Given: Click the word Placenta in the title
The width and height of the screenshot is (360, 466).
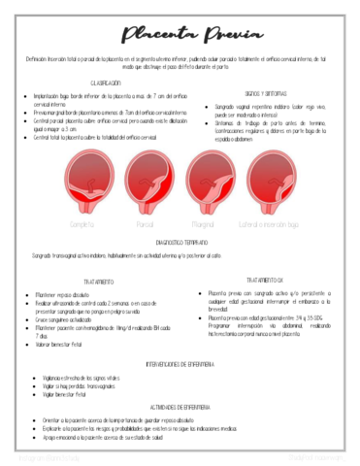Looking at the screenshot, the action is click(152, 35).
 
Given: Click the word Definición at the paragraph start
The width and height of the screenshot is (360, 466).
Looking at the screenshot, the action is click(42, 59).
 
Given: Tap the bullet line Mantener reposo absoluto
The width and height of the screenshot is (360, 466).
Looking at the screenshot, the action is click(69, 293).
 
